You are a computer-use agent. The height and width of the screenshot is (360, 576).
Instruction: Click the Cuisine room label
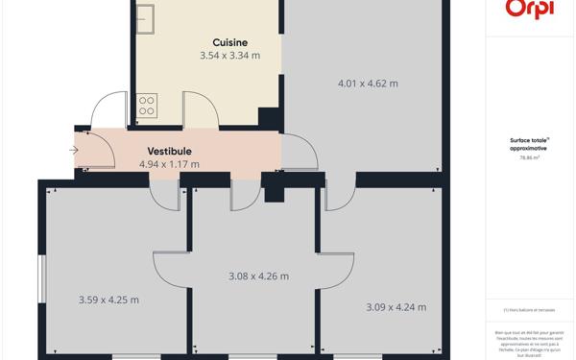coord(230,42)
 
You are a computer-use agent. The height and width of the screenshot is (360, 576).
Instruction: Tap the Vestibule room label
coord(169,151)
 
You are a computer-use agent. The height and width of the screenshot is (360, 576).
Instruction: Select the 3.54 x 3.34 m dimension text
coord(229,56)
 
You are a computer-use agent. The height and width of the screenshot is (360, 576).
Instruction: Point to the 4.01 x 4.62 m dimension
coord(368,84)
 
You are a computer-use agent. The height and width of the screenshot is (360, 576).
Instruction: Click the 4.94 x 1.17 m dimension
coord(169,164)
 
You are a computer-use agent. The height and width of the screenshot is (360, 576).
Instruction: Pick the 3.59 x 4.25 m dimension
coord(108,300)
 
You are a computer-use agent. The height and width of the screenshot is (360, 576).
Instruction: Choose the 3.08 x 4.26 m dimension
coord(258,276)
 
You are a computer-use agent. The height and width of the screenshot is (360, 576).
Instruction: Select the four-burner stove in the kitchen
coord(147,105)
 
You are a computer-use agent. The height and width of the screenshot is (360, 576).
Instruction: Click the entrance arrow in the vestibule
coord(75,150)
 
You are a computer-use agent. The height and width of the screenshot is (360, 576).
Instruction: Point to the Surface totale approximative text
coord(528,144)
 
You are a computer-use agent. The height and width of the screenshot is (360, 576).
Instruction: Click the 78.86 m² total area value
coord(528,157)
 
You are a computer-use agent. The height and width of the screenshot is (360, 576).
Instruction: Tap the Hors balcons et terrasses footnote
coord(528,309)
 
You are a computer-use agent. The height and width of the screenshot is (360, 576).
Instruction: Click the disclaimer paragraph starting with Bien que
coord(528,342)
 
